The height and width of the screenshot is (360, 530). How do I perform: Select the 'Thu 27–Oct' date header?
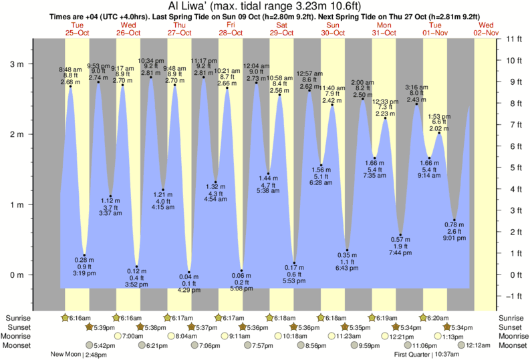click(180, 29)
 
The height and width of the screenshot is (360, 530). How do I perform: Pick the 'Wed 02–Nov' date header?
click(487, 29)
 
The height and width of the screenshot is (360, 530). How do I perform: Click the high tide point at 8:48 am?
click(70, 86)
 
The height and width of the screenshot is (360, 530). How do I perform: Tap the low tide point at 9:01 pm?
click(454, 220)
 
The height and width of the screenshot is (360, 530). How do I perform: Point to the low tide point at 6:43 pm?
click(348, 250)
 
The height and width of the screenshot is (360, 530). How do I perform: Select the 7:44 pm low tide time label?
click(401, 253)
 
